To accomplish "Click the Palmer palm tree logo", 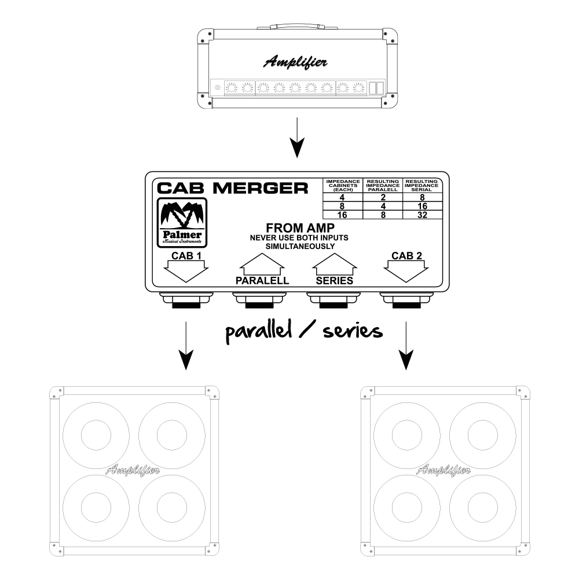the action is (x=182, y=223).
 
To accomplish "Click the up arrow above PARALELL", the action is (x=262, y=265).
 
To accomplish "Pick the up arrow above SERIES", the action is (x=335, y=265).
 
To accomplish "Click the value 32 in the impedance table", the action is (x=422, y=215).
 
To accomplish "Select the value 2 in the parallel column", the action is (x=383, y=197).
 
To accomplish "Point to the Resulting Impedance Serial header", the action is (x=422, y=185).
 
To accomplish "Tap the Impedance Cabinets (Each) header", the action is (x=343, y=185).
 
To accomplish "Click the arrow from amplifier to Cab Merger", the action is (x=297, y=137).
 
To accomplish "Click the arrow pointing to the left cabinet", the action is (x=186, y=346).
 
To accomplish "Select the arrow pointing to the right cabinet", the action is (x=406, y=346).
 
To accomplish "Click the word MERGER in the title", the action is (x=261, y=188).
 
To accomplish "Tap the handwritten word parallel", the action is (x=258, y=331).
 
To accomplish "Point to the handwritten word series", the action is (x=353, y=331).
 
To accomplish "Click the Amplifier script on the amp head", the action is (x=295, y=62).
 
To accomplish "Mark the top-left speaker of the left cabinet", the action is (x=96, y=436).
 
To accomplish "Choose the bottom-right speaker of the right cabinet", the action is (x=483, y=507).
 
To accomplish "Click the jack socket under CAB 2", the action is (x=406, y=300).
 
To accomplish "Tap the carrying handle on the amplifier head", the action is (x=297, y=26).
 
